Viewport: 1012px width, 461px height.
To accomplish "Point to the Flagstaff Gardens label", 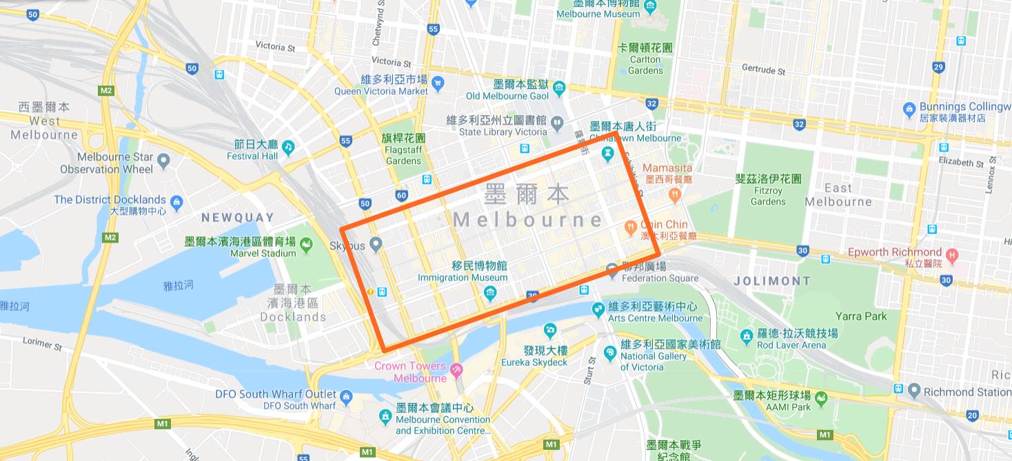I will [x=403, y=150].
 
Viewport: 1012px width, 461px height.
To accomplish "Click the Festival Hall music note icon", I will [x=288, y=146].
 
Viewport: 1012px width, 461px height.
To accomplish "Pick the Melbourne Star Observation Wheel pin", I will [x=163, y=162].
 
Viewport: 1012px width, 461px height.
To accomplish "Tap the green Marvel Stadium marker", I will [x=305, y=244].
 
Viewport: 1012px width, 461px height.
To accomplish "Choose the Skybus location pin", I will [x=376, y=244].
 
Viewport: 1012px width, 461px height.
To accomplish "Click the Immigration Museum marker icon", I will [x=490, y=294].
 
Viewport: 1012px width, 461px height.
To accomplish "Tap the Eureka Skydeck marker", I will [x=550, y=331].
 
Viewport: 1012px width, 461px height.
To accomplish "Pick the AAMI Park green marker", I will [x=820, y=398].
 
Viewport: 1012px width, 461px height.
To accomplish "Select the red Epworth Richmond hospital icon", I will [x=952, y=256].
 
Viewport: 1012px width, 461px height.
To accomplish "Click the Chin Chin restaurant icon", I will [x=630, y=226].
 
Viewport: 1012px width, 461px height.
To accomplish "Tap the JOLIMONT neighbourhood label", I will [x=772, y=281].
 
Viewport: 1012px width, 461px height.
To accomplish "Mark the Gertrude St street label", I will [x=763, y=69].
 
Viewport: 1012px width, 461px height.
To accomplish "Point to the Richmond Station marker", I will [x=914, y=391].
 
